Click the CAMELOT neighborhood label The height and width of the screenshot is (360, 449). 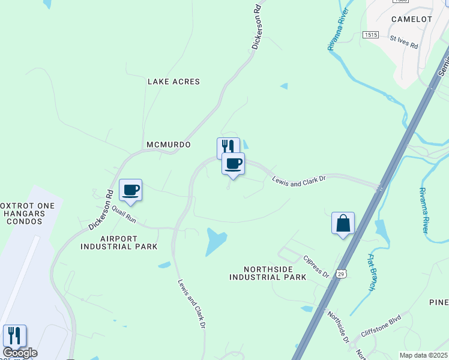point(411,19)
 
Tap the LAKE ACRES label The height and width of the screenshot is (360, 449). point(173,82)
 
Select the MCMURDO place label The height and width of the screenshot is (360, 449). point(169,145)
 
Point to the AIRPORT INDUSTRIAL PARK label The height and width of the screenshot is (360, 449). point(119,242)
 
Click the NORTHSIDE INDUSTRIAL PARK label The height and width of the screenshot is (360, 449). point(268,273)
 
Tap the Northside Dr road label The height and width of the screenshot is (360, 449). point(338,326)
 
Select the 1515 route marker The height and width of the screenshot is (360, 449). point(370,35)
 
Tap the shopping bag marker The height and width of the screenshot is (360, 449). point(343,223)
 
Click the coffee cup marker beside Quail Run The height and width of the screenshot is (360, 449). point(130,190)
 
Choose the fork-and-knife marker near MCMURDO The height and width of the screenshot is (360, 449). point(227,146)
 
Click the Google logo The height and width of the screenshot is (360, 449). point(20,353)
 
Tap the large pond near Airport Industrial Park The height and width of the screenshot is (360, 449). point(215,241)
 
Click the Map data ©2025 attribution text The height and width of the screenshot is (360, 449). point(423,355)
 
